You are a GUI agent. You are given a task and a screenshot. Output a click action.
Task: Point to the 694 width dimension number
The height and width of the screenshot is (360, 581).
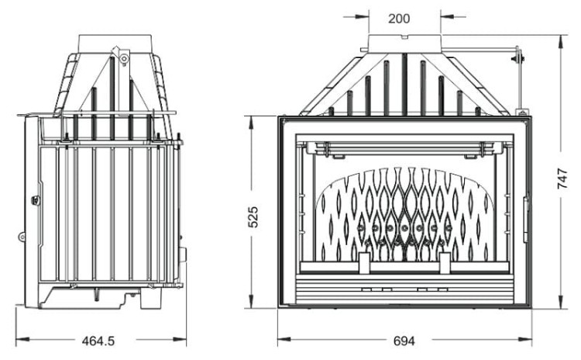tap(404, 341)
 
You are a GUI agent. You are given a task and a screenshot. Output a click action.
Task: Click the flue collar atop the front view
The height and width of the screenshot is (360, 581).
tap(404, 43)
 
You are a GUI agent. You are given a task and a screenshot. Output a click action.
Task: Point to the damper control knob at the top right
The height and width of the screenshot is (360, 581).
tap(520, 57)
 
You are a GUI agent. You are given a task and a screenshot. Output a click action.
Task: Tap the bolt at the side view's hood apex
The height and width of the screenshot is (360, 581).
tap(122, 57)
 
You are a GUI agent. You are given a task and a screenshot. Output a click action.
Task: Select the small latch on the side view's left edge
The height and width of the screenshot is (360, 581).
tap(34, 200)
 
